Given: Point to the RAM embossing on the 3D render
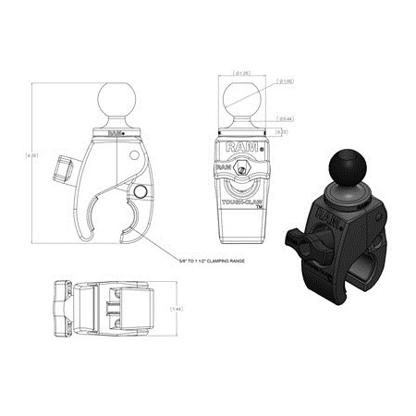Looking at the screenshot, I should pyautogui.click(x=328, y=216).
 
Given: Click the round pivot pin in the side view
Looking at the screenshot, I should pyautogui.click(x=141, y=190).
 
